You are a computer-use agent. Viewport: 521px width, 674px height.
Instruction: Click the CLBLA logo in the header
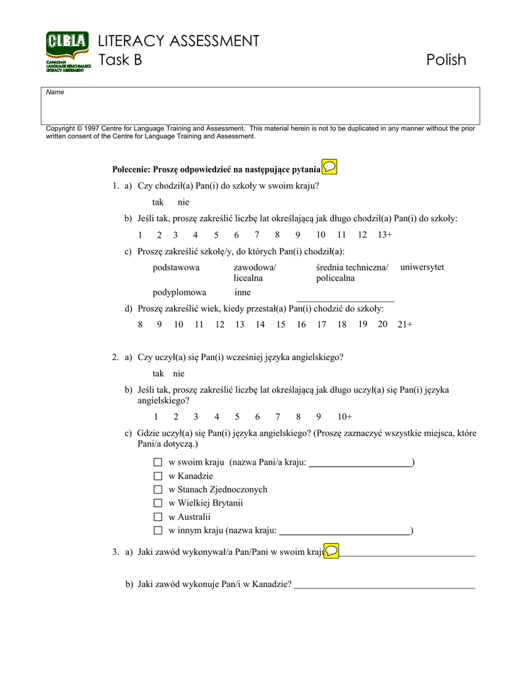coord(67,51)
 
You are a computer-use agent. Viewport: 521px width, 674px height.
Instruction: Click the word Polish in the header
coord(446,60)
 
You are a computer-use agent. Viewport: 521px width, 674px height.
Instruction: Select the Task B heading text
coord(120,60)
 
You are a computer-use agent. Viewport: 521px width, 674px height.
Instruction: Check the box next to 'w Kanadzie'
coord(157,476)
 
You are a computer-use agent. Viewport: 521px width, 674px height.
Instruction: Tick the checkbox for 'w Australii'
coord(157,517)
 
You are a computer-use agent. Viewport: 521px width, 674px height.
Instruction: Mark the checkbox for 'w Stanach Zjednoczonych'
coord(157,490)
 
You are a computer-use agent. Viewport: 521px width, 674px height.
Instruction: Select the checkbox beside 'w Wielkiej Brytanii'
coord(157,503)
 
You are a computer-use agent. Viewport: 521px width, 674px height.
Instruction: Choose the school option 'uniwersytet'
coord(422,267)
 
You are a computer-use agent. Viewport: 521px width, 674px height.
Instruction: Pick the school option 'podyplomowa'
coord(179,292)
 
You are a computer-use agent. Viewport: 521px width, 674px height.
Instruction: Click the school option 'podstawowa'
coord(176,267)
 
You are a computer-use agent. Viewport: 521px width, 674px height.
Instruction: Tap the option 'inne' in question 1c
coord(242,292)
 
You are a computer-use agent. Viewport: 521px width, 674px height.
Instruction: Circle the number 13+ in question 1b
coord(385,235)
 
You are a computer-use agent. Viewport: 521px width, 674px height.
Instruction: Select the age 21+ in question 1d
coord(404,324)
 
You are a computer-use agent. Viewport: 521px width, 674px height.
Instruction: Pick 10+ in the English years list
coord(344,417)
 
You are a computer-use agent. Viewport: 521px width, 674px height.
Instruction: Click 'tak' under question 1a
coord(158,202)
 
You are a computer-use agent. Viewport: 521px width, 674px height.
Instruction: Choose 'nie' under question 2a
coord(178,373)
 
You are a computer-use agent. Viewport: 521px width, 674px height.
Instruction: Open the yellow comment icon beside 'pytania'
coord(329,167)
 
